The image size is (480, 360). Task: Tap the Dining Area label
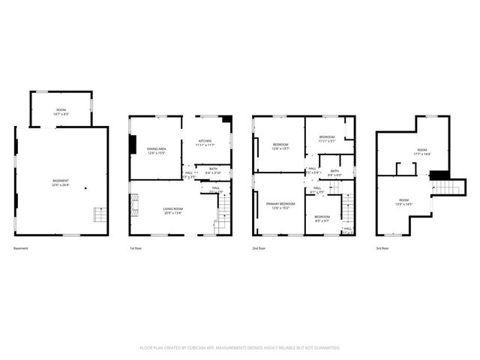click(157, 150)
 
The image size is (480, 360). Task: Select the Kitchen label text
click(205, 142)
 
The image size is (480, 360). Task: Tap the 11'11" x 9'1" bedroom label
click(327, 139)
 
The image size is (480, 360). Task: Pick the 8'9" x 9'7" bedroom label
click(322, 218)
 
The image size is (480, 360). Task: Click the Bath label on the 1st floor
click(213, 170)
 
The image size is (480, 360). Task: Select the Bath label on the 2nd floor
click(334, 172)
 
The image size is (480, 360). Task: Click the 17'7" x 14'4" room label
click(421, 152)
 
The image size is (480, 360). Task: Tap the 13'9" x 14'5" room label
click(404, 201)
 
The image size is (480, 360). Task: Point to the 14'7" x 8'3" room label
click(61, 112)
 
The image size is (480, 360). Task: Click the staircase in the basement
click(100, 216)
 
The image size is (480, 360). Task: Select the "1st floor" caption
click(136, 248)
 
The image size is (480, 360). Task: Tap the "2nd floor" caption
click(259, 248)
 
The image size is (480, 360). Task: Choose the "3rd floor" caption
click(382, 248)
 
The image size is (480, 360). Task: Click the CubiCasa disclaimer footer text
click(240, 348)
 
